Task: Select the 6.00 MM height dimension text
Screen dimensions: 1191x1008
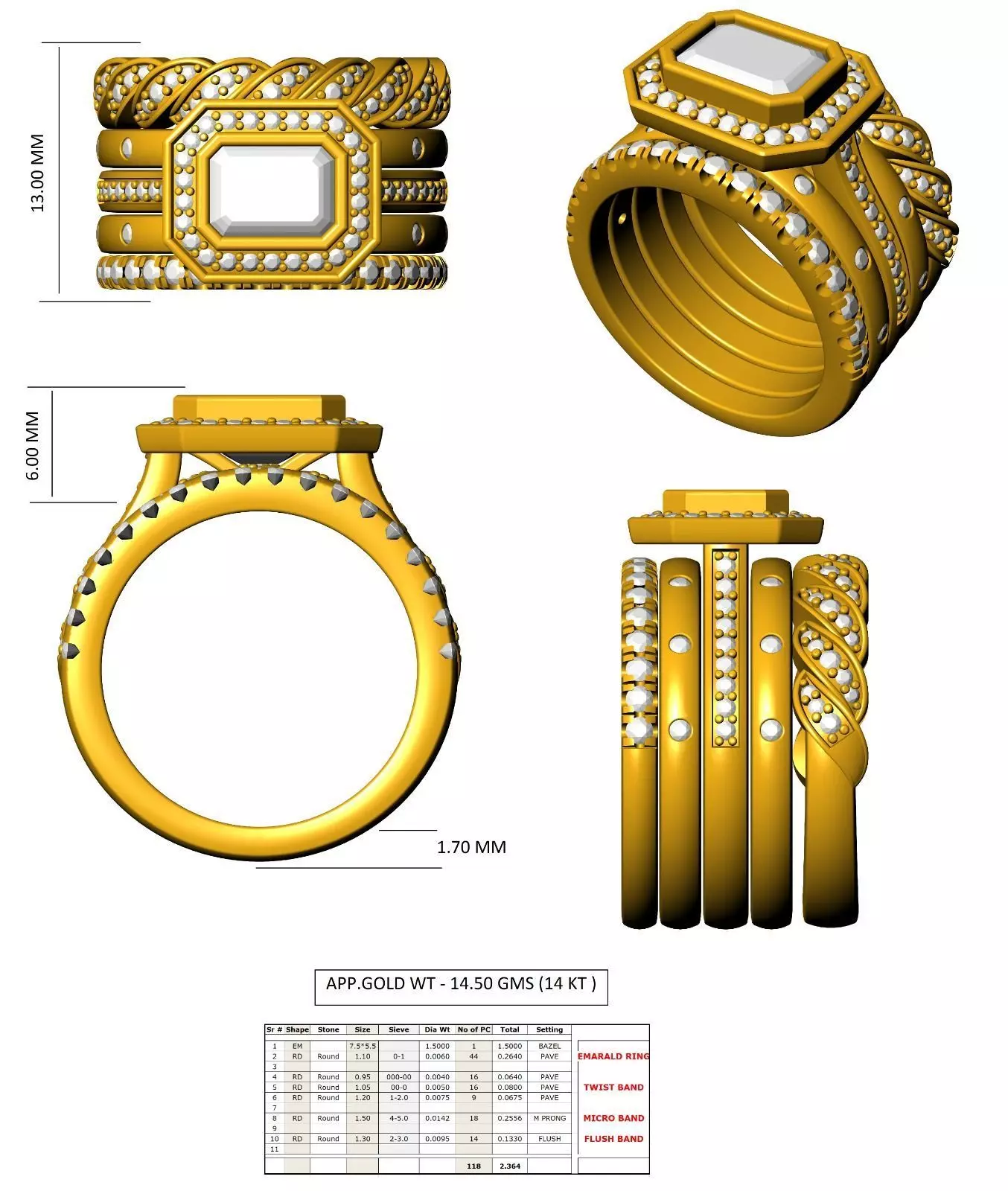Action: pyautogui.click(x=33, y=445)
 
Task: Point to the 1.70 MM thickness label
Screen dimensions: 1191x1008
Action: pyautogui.click(x=471, y=847)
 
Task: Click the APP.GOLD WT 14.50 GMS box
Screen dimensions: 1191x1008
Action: pyautogui.click(x=461, y=983)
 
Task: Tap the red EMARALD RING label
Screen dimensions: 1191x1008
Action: pyautogui.click(x=613, y=1056)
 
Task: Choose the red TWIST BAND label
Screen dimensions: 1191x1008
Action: pyautogui.click(x=613, y=1088)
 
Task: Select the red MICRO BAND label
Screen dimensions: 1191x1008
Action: pyautogui.click(x=613, y=1118)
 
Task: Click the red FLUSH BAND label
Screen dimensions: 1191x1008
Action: pyautogui.click(x=613, y=1139)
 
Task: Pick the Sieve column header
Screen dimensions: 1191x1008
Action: pyautogui.click(x=399, y=1029)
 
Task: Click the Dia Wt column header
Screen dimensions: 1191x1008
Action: pyautogui.click(x=437, y=1029)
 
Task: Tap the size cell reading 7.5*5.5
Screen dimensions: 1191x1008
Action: pyautogui.click(x=363, y=1046)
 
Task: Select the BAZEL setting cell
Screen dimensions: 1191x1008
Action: pyautogui.click(x=549, y=1046)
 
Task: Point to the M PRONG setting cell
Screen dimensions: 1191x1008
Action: pyautogui.click(x=549, y=1118)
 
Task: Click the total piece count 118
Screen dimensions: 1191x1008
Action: pyautogui.click(x=473, y=1166)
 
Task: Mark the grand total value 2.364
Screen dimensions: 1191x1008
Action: pyautogui.click(x=510, y=1166)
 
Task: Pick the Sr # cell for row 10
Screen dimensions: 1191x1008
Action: pyautogui.click(x=274, y=1139)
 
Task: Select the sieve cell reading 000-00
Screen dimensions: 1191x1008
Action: pyautogui.click(x=399, y=1077)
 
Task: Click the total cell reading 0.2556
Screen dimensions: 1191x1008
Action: pyautogui.click(x=510, y=1118)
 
